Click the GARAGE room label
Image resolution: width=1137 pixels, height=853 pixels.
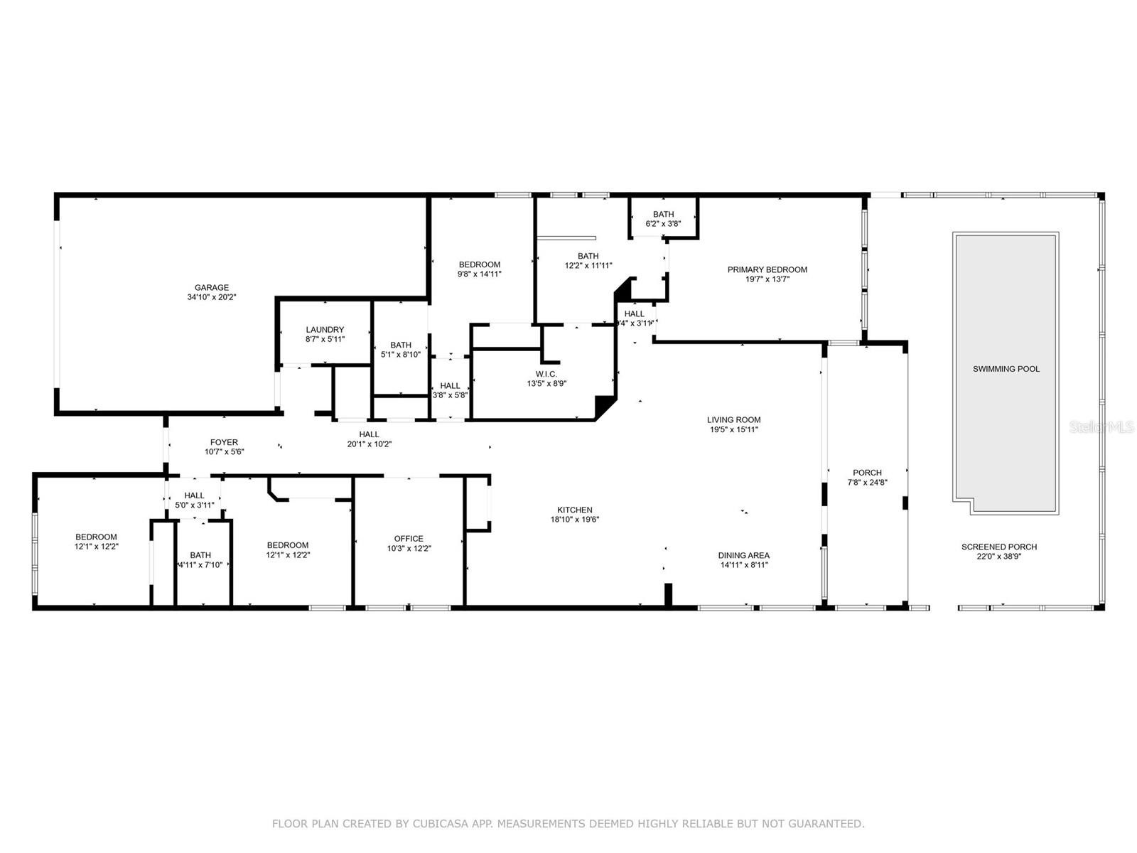(x=211, y=287)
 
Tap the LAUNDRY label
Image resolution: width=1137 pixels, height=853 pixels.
(x=325, y=329)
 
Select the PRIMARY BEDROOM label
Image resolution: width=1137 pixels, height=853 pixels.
(x=767, y=269)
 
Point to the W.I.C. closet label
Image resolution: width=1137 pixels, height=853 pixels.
(x=546, y=374)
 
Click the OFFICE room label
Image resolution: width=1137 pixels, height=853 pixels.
(x=408, y=539)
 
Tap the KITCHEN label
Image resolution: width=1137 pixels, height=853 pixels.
(x=574, y=510)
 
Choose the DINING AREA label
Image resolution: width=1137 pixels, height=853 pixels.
(x=743, y=555)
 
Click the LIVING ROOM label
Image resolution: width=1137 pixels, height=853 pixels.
(x=733, y=419)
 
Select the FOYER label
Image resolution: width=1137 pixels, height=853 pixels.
(x=224, y=441)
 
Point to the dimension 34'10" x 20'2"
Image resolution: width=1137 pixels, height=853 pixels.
(x=211, y=296)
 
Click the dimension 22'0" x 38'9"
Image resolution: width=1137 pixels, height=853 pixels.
(x=998, y=557)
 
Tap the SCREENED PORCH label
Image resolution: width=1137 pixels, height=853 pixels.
(x=998, y=547)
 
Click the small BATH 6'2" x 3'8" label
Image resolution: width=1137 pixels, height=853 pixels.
(x=663, y=218)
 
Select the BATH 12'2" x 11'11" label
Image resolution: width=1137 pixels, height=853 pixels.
(x=588, y=260)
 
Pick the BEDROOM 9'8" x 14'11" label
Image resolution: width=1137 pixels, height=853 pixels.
(x=479, y=269)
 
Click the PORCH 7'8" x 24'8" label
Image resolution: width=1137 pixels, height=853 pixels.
(x=867, y=477)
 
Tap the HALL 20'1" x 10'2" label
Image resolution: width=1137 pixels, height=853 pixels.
(x=369, y=439)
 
